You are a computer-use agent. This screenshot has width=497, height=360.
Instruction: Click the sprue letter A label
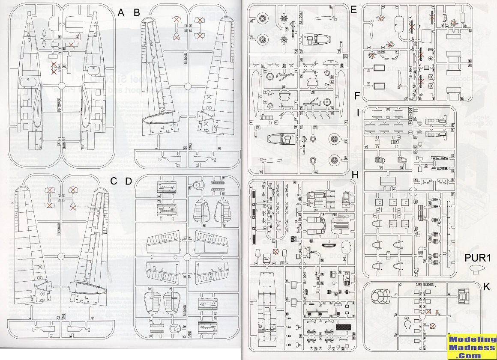point(121,12)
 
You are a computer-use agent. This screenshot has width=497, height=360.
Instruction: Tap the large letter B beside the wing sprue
point(137,12)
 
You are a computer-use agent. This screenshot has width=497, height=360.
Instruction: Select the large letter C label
point(114,181)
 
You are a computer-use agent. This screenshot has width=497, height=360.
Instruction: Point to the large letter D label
point(129,181)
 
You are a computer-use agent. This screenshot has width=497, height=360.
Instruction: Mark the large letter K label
point(486,287)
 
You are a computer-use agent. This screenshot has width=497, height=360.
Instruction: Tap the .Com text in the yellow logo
point(472,355)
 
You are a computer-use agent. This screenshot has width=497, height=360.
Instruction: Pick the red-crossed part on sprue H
point(276,251)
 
